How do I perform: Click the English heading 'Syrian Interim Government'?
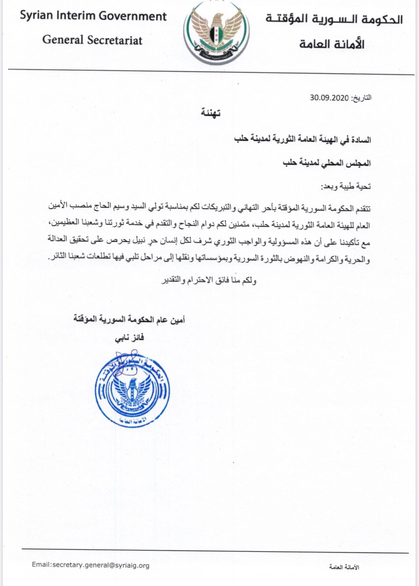coord(93,16)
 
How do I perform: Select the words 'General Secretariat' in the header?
coord(92,40)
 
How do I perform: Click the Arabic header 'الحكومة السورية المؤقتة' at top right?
coord(334,19)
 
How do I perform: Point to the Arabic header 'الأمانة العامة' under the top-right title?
coord(332,44)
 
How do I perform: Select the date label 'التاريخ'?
coord(362,98)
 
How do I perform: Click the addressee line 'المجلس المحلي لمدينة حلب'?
coord(326,163)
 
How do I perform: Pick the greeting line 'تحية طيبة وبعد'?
coord(346,187)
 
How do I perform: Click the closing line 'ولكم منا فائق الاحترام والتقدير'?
coord(209,281)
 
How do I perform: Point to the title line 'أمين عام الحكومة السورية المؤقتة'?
coord(129,320)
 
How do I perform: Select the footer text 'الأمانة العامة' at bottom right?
coord(344,567)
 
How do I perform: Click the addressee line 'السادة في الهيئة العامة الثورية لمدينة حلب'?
coord(302,140)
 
